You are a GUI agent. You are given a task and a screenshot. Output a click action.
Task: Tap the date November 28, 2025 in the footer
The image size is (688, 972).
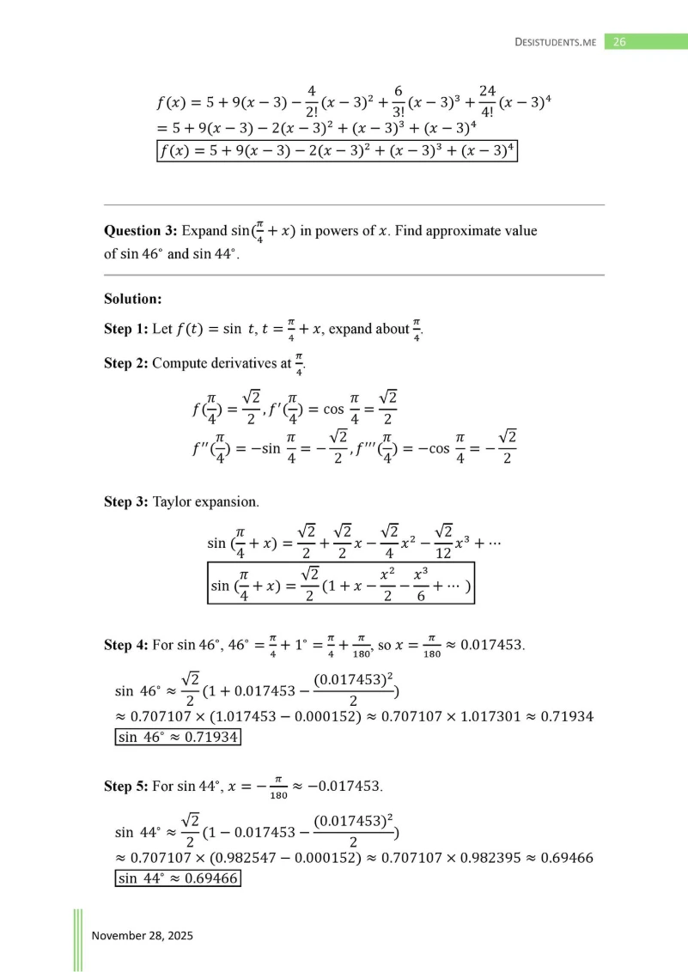click(x=142, y=935)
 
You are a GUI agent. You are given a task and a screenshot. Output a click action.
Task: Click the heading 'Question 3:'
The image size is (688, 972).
click(x=142, y=232)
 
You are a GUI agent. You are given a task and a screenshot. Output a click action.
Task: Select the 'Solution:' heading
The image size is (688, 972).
click(x=133, y=299)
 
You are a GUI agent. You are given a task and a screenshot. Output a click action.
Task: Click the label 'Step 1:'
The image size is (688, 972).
click(x=126, y=330)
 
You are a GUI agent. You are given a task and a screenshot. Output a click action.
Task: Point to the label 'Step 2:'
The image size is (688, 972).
click(x=126, y=363)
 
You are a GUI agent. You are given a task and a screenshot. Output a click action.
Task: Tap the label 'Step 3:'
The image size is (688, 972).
click(x=126, y=501)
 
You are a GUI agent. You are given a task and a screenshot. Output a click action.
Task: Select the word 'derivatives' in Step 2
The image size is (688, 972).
click(x=234, y=363)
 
